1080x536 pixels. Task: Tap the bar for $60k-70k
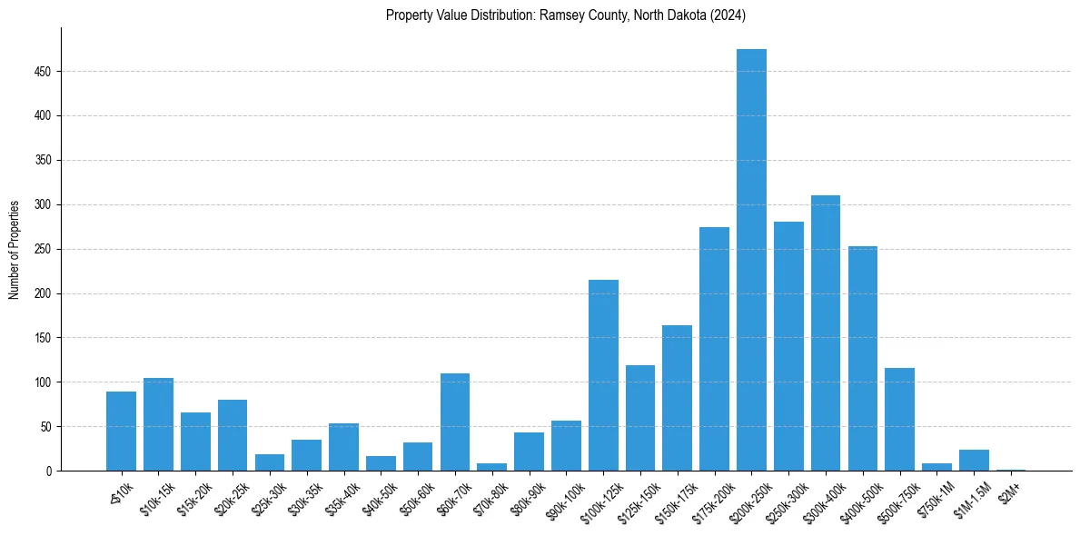[455, 422]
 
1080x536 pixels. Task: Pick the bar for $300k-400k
[826, 333]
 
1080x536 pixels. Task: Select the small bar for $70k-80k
[492, 467]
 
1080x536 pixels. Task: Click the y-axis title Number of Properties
[14, 249]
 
